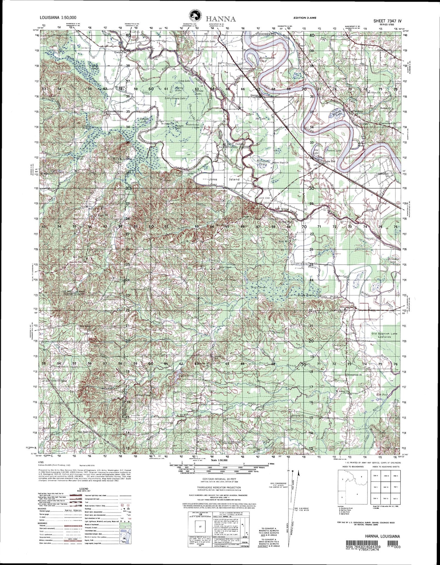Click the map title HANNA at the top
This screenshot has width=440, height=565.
(222, 19)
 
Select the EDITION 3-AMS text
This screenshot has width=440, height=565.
(305, 18)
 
